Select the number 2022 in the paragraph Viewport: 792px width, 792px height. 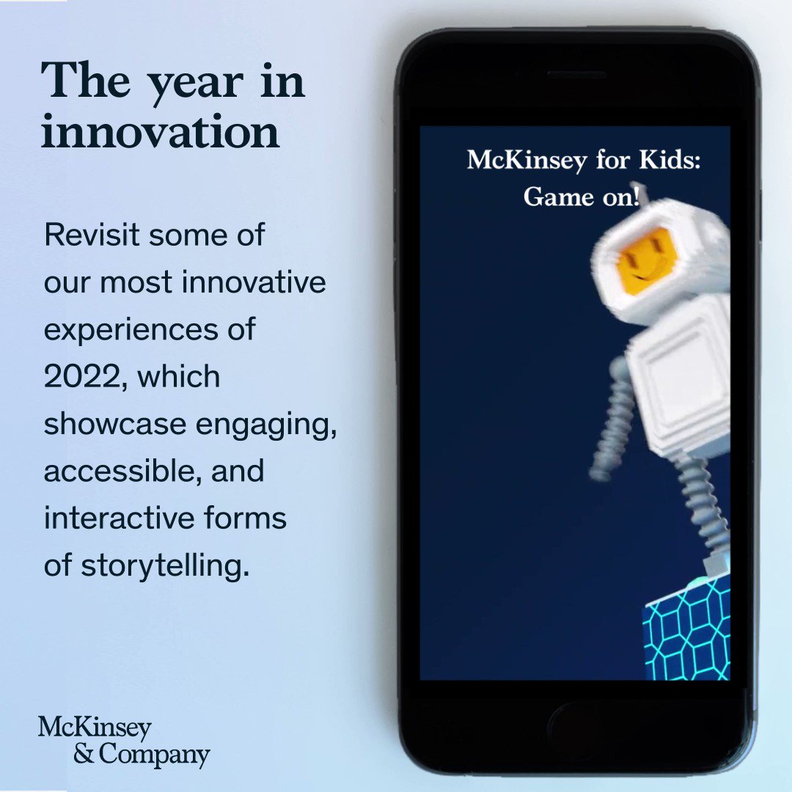point(79,377)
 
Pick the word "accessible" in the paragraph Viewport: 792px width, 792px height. point(120,471)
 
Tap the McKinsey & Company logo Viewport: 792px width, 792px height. point(123,741)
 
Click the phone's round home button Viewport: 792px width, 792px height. point(575,725)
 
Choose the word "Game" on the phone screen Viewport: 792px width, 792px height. point(549,197)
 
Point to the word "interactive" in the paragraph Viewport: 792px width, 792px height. point(111,518)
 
